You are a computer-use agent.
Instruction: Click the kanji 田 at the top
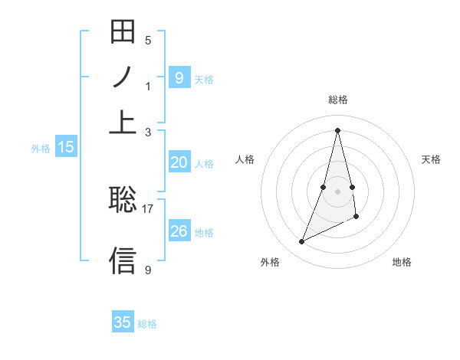[123, 33]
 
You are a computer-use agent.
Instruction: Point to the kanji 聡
[123, 200]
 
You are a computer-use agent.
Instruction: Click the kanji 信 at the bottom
[123, 260]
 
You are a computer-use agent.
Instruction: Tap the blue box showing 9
[179, 77]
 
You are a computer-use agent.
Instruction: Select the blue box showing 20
[179, 162]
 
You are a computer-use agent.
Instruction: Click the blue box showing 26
[179, 231]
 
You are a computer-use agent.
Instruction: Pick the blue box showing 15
[66, 148]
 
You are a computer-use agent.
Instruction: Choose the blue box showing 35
[123, 322]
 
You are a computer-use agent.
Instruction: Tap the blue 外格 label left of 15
[40, 149]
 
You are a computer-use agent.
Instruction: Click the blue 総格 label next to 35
[147, 324]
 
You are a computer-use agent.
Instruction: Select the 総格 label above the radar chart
[338, 100]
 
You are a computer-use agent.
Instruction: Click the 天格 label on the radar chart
[432, 159]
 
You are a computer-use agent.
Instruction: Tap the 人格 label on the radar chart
[245, 159]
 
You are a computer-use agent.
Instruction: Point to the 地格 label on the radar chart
[402, 263]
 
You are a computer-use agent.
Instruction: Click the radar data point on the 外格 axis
[302, 242]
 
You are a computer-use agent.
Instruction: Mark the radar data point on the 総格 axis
[338, 129]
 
